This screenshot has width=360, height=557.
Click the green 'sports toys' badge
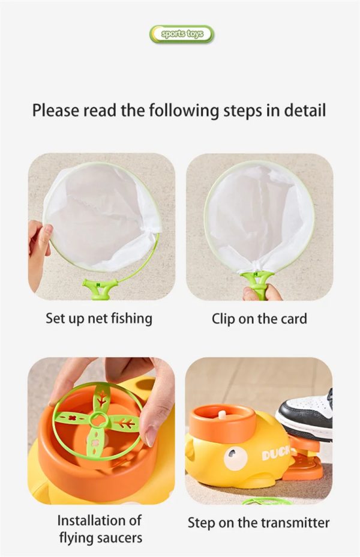pyautogui.click(x=182, y=34)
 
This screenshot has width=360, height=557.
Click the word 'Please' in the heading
pyautogui.click(x=56, y=110)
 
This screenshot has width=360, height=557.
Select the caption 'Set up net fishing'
pyautogui.click(x=99, y=318)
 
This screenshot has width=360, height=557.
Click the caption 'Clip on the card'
pyautogui.click(x=259, y=319)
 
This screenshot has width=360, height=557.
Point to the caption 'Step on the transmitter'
pyautogui.click(x=259, y=523)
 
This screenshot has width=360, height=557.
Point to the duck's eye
pyautogui.click(x=233, y=455)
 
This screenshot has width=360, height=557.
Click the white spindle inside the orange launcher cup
pyautogui.click(x=222, y=415)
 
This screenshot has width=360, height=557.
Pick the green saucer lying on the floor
pyautogui.click(x=267, y=501)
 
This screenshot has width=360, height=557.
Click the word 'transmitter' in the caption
pyautogui.click(x=295, y=523)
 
